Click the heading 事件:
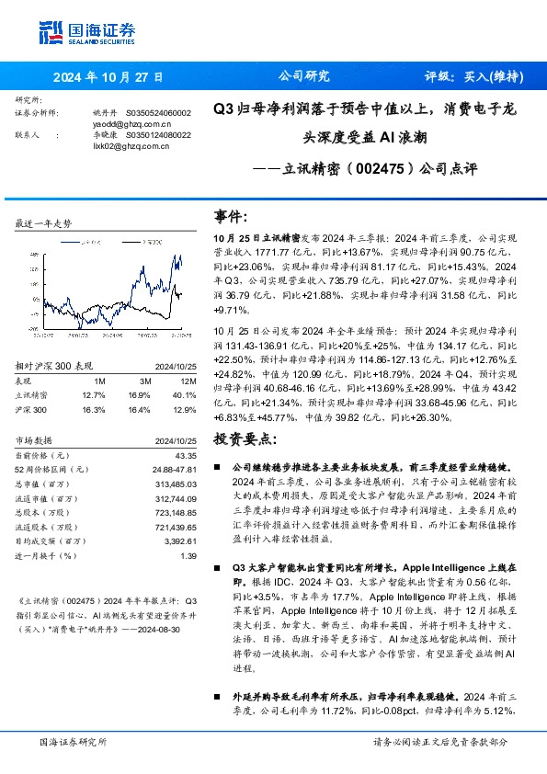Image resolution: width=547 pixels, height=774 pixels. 232,216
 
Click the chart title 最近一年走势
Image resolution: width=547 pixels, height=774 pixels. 44,223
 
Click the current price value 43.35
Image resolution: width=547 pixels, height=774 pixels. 184,454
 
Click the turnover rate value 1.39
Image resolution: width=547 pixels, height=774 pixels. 188,556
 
